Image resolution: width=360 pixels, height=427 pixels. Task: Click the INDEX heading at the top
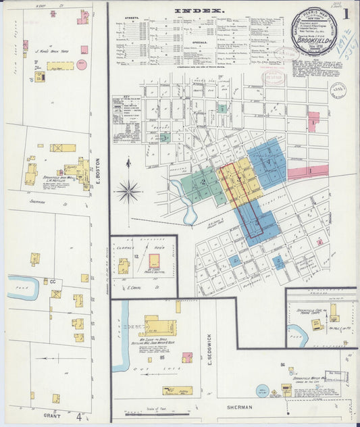click(199, 11)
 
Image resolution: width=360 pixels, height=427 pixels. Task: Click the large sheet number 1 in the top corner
click(345, 13)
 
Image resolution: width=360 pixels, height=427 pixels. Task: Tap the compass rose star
click(128, 191)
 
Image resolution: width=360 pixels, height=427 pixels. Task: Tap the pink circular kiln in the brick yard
click(82, 66)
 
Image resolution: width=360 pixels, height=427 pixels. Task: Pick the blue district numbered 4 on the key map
click(269, 162)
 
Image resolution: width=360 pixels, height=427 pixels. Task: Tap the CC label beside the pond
click(53, 281)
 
